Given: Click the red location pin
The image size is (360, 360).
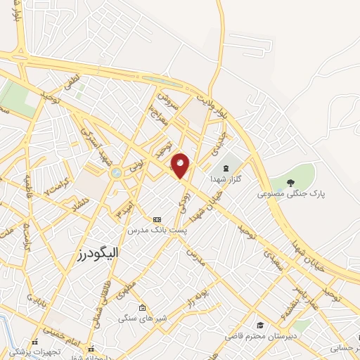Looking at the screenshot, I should [181, 165].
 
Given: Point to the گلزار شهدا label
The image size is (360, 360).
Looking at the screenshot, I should [226, 179].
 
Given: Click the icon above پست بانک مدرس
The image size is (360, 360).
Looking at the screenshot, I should [156, 219].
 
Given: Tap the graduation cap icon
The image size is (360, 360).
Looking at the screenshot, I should [260, 325].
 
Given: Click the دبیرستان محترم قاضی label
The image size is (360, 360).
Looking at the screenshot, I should [257, 336].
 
